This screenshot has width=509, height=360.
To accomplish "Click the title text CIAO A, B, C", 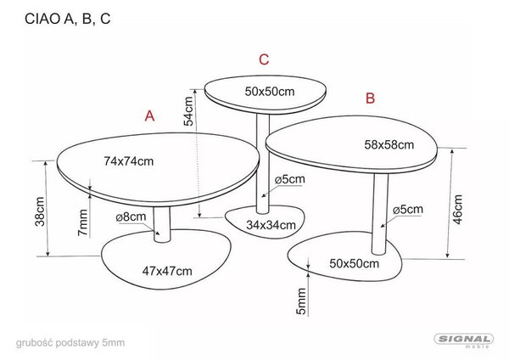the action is [x=68, y=19].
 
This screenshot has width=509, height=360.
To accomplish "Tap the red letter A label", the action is [x=149, y=115].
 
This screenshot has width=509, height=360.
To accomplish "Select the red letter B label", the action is [x=370, y=98].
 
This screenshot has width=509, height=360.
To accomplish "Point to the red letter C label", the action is [x=264, y=59].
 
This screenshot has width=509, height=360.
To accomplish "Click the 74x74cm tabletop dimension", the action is [x=129, y=161].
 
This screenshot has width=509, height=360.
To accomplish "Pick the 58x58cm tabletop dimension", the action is [x=389, y=144].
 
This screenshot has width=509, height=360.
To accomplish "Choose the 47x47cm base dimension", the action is [x=167, y=271].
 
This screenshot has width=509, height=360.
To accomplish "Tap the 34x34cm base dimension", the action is [x=271, y=225].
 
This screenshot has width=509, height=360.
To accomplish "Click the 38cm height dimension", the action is [x=40, y=211].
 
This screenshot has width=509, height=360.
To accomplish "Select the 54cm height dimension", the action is [x=188, y=111].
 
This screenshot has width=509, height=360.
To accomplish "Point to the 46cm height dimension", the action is [x=457, y=210].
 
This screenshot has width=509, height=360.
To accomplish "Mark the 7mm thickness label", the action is [x=83, y=223].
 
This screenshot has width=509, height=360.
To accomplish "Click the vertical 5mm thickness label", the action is [x=301, y=301].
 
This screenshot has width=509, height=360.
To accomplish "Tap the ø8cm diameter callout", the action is [x=131, y=217].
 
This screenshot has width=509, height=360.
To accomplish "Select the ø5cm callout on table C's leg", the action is [x=290, y=179].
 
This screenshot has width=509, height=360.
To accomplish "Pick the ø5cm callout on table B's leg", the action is [x=408, y=209].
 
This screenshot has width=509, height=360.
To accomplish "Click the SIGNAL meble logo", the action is [x=464, y=340].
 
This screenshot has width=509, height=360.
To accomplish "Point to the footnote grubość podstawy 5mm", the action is [x=70, y=343].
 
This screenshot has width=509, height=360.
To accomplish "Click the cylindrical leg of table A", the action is [x=162, y=224].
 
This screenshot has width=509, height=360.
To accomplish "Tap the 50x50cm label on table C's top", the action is [x=270, y=92].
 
